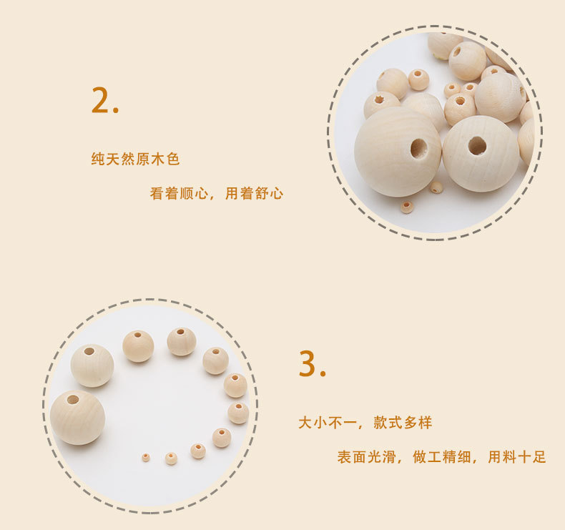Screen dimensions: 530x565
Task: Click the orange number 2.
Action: pyautogui.click(x=101, y=100)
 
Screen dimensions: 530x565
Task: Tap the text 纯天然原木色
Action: pyautogui.click(x=135, y=159)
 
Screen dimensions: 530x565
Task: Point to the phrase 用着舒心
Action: pyautogui.click(x=255, y=193)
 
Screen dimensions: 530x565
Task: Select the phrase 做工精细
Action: pyautogui.click(x=441, y=457)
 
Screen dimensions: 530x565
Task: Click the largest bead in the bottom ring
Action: pyautogui.click(x=77, y=418)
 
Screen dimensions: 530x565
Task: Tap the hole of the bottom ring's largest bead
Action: pyautogui.click(x=73, y=399)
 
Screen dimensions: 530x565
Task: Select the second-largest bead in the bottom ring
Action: pyautogui.click(x=92, y=365)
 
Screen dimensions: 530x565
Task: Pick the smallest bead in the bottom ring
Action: pyautogui.click(x=146, y=456)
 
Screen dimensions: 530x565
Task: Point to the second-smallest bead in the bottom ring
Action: pyautogui.click(x=171, y=458)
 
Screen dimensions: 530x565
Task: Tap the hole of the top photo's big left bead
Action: pyautogui.click(x=418, y=149)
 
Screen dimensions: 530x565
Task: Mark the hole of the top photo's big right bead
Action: pyautogui.click(x=477, y=146)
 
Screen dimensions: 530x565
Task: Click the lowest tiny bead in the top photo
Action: pyautogui.click(x=407, y=207)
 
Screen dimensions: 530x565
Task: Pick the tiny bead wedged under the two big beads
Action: pyautogui.click(x=436, y=187)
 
